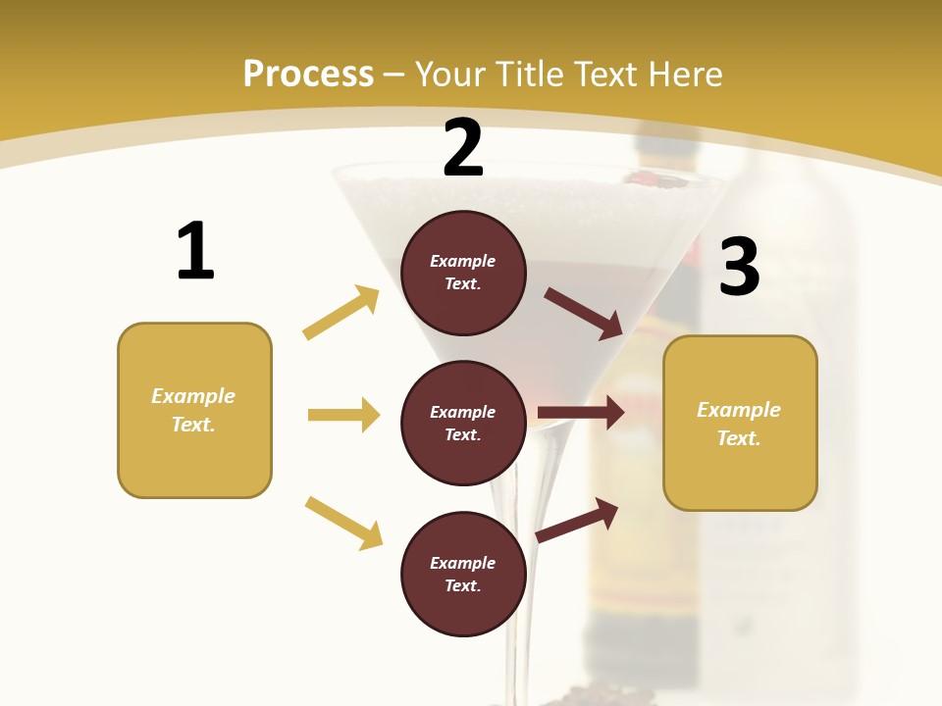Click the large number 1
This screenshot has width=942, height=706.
pos(195,251)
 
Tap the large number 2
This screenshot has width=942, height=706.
pos(463,148)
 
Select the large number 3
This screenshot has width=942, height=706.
pos(739,268)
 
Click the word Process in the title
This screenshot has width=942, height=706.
pos(308,74)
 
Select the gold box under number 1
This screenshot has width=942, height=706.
pos(194,410)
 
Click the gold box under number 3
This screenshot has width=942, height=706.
pos(740,424)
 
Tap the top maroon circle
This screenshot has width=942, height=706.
pos(463,273)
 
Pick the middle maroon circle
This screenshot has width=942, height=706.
pos(463,423)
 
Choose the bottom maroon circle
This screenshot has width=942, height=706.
pos(463,574)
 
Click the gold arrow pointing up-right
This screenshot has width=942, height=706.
pos(341,312)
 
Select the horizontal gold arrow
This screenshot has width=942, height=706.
pos(343,415)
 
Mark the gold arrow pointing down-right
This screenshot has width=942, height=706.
pos(343,523)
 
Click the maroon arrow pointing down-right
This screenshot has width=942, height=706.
pos(584,313)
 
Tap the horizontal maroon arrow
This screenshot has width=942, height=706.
pos(581,413)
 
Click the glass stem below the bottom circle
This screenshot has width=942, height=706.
pos(520,667)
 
